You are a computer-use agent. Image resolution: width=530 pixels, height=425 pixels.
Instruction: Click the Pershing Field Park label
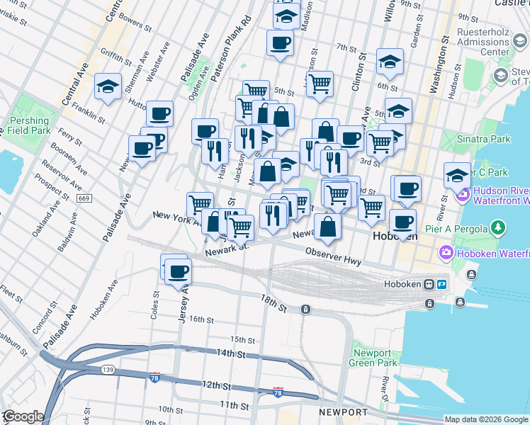click(x=29, y=125)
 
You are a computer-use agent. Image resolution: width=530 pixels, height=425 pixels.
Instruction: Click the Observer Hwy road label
click(x=333, y=256)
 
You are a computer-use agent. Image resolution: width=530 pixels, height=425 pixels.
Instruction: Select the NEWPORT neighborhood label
click(x=343, y=412)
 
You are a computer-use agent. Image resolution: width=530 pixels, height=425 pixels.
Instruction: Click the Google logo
click(x=23, y=416)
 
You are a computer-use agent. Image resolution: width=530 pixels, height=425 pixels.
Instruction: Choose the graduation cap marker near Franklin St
click(x=108, y=87)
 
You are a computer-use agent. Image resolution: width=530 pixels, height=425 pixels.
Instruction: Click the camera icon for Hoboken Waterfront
click(x=447, y=251)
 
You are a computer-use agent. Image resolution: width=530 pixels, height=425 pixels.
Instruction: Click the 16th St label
click(x=201, y=320)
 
